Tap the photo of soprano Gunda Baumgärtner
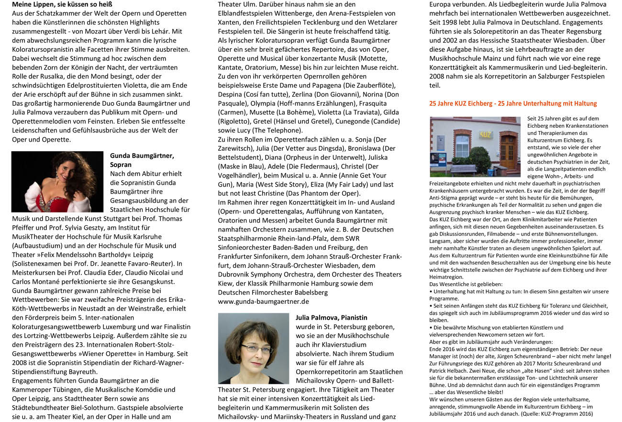tap(57, 182)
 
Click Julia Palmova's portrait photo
tap(254, 348)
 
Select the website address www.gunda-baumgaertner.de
tap(263, 301)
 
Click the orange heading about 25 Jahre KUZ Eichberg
tap(512, 103)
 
